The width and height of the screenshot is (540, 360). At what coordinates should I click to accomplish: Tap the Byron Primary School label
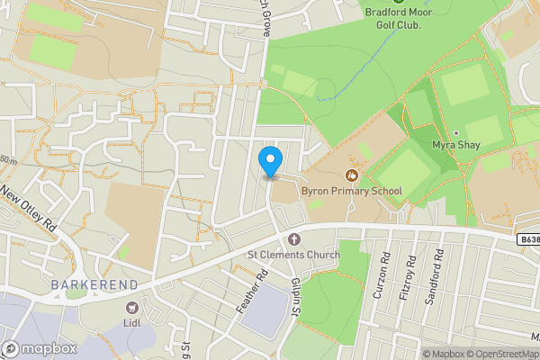click(351, 191)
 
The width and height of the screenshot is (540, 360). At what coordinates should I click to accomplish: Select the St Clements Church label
click(293, 255)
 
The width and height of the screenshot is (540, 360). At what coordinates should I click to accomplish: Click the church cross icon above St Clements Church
click(294, 238)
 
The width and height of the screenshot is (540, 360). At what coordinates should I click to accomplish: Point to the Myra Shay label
click(455, 145)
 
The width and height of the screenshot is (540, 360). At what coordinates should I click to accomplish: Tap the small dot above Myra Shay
click(455, 132)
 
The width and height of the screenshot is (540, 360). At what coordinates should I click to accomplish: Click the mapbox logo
click(38, 348)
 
